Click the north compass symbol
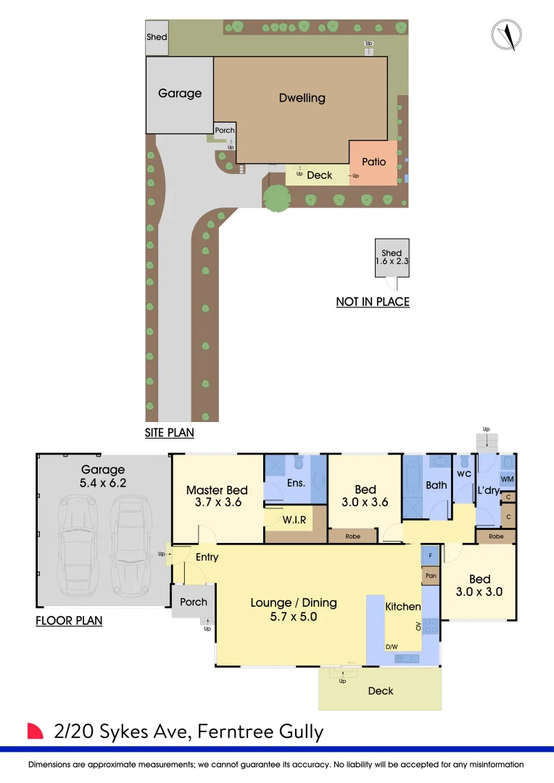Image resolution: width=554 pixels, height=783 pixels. [x=507, y=35]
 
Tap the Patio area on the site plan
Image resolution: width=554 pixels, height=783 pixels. [x=373, y=163]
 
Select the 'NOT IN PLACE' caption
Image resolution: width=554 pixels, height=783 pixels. [x=373, y=302]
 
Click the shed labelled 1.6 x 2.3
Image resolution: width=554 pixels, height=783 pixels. [x=392, y=257]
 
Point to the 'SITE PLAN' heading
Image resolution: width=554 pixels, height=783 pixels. [x=170, y=432]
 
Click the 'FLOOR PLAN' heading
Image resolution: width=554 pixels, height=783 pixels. [x=69, y=621]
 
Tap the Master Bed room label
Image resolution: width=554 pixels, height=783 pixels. [x=217, y=490]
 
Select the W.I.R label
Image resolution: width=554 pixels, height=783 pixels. [x=294, y=520]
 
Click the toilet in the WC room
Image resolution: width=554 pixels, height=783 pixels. [x=465, y=461]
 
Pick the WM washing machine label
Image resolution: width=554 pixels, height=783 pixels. [x=507, y=479]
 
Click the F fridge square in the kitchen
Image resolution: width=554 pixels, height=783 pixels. [x=430, y=555]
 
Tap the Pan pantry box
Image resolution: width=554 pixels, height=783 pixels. [x=431, y=576]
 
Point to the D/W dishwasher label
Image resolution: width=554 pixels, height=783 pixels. [x=392, y=647]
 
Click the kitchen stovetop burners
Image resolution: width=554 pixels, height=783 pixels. [x=431, y=626]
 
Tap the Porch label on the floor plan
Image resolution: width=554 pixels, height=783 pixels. [x=194, y=602]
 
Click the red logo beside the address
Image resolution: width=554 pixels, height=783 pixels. [x=35, y=731]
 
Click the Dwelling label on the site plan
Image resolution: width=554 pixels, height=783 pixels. [x=302, y=98]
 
